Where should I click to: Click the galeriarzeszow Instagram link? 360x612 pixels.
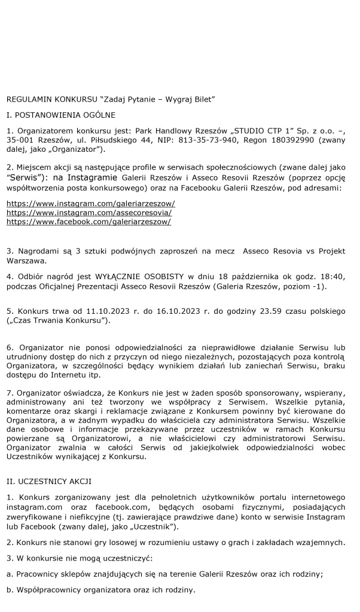(90, 204)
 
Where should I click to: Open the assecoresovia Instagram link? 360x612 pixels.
(89, 213)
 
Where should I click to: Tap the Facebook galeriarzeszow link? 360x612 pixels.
(89, 222)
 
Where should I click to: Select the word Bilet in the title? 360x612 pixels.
(200, 97)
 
